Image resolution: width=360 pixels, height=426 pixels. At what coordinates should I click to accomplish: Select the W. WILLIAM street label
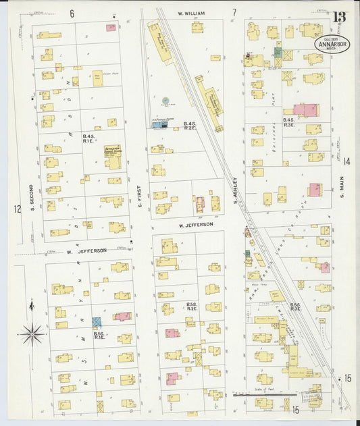[x=191, y=13]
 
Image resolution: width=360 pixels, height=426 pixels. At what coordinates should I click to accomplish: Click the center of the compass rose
[x=32, y=334]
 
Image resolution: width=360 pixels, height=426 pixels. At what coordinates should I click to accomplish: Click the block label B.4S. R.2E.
[x=190, y=126]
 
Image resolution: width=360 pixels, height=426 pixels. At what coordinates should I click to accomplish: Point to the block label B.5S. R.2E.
[x=191, y=306]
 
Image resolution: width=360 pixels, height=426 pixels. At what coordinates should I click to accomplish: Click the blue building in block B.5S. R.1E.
[x=97, y=323]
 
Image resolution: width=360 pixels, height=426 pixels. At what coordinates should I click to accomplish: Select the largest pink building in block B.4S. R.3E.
[x=305, y=110]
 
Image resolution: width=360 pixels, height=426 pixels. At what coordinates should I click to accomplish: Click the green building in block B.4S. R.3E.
[x=278, y=52]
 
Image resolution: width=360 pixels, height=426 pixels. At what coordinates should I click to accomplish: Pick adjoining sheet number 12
[x=17, y=209]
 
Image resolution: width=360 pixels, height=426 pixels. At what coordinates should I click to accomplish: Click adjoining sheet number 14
[x=346, y=161]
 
